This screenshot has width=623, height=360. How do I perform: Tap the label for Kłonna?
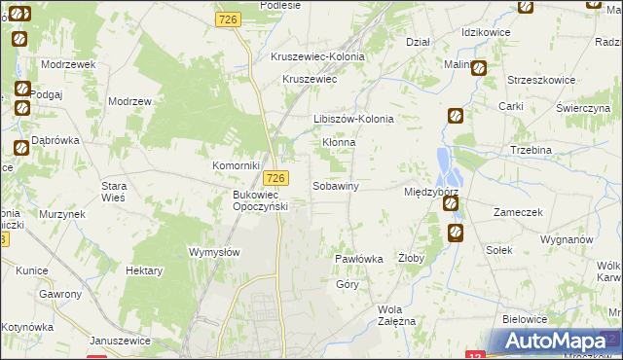tap(339, 142)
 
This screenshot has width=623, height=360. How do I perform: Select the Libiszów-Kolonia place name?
tap(352, 120)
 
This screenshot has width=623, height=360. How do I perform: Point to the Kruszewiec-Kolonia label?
tap(317, 57)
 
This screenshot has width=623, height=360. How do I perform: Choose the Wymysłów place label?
tap(213, 251)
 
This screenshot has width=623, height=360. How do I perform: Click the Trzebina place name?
tap(531, 150)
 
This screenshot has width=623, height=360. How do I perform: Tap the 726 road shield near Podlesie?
tap(231, 19)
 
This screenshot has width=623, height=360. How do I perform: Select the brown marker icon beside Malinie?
tap(479, 67)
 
